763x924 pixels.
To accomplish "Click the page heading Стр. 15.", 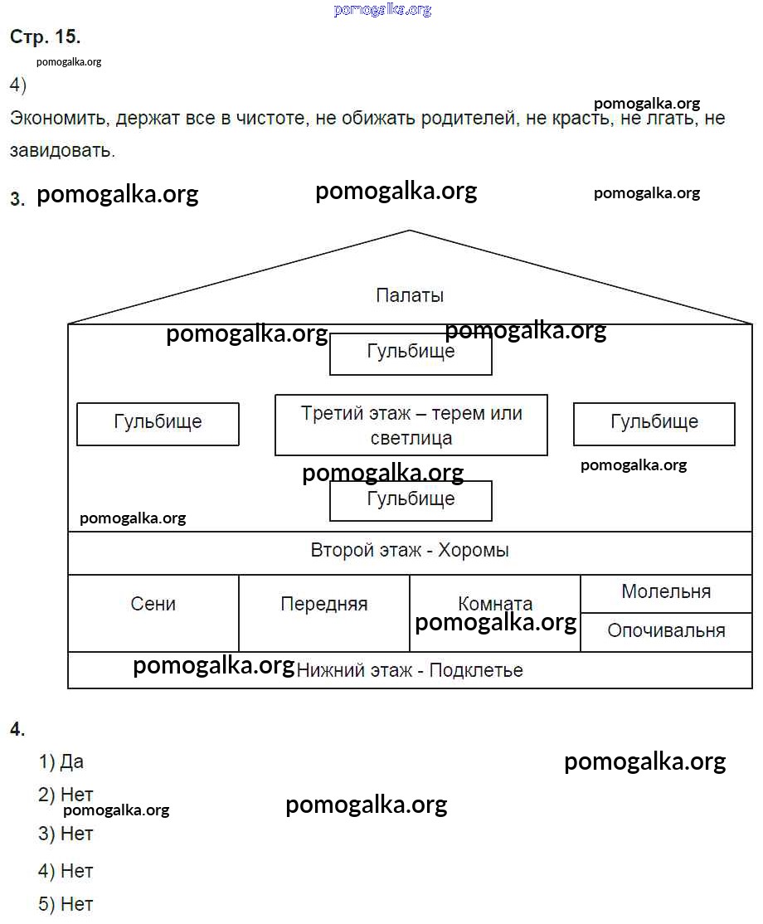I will pyautogui.click(x=45, y=37).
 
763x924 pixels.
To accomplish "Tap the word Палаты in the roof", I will pyautogui.click(x=410, y=295).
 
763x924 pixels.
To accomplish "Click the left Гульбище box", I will pyautogui.click(x=158, y=423).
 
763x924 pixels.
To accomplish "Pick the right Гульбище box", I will pyautogui.click(x=654, y=423).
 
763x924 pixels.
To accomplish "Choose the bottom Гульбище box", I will pyautogui.click(x=411, y=500).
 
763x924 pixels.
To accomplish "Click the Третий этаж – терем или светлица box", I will pyautogui.click(x=411, y=425).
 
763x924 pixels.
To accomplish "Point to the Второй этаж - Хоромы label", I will pyautogui.click(x=410, y=551).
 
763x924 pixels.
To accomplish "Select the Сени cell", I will pyautogui.click(x=153, y=604).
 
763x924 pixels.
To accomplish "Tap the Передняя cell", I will pyautogui.click(x=324, y=604).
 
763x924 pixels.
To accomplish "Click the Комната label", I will pyautogui.click(x=495, y=603).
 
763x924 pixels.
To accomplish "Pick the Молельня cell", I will pyautogui.click(x=666, y=592).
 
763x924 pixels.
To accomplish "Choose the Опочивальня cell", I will pyautogui.click(x=666, y=630).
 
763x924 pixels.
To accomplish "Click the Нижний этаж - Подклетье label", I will pyautogui.click(x=410, y=670).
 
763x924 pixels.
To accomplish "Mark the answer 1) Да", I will pyautogui.click(x=61, y=761).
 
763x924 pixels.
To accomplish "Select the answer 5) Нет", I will pyautogui.click(x=66, y=904).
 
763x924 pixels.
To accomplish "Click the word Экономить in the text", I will pyautogui.click(x=59, y=119).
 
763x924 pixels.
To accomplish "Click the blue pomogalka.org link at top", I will pyautogui.click(x=382, y=10).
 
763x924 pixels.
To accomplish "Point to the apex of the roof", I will pyautogui.click(x=410, y=231).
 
